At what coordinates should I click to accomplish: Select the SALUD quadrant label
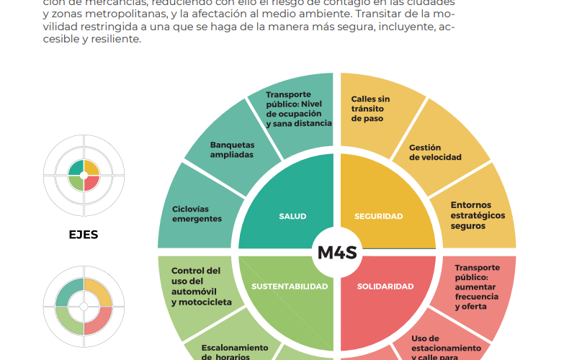[x=292, y=216]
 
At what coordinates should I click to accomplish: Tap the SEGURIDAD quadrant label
[x=379, y=216]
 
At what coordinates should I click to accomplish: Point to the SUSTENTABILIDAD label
[x=290, y=287]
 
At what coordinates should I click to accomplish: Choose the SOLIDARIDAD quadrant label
[x=386, y=287]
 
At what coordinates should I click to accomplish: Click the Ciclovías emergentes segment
[x=197, y=214]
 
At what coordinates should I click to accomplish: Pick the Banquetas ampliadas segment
[x=231, y=150]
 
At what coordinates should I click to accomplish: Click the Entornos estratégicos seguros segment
[x=478, y=215]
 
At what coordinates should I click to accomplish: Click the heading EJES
[x=84, y=235]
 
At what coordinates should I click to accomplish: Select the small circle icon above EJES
[x=84, y=175]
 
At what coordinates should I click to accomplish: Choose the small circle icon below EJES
[x=84, y=305]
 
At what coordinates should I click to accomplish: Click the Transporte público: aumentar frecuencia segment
[x=477, y=287]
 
